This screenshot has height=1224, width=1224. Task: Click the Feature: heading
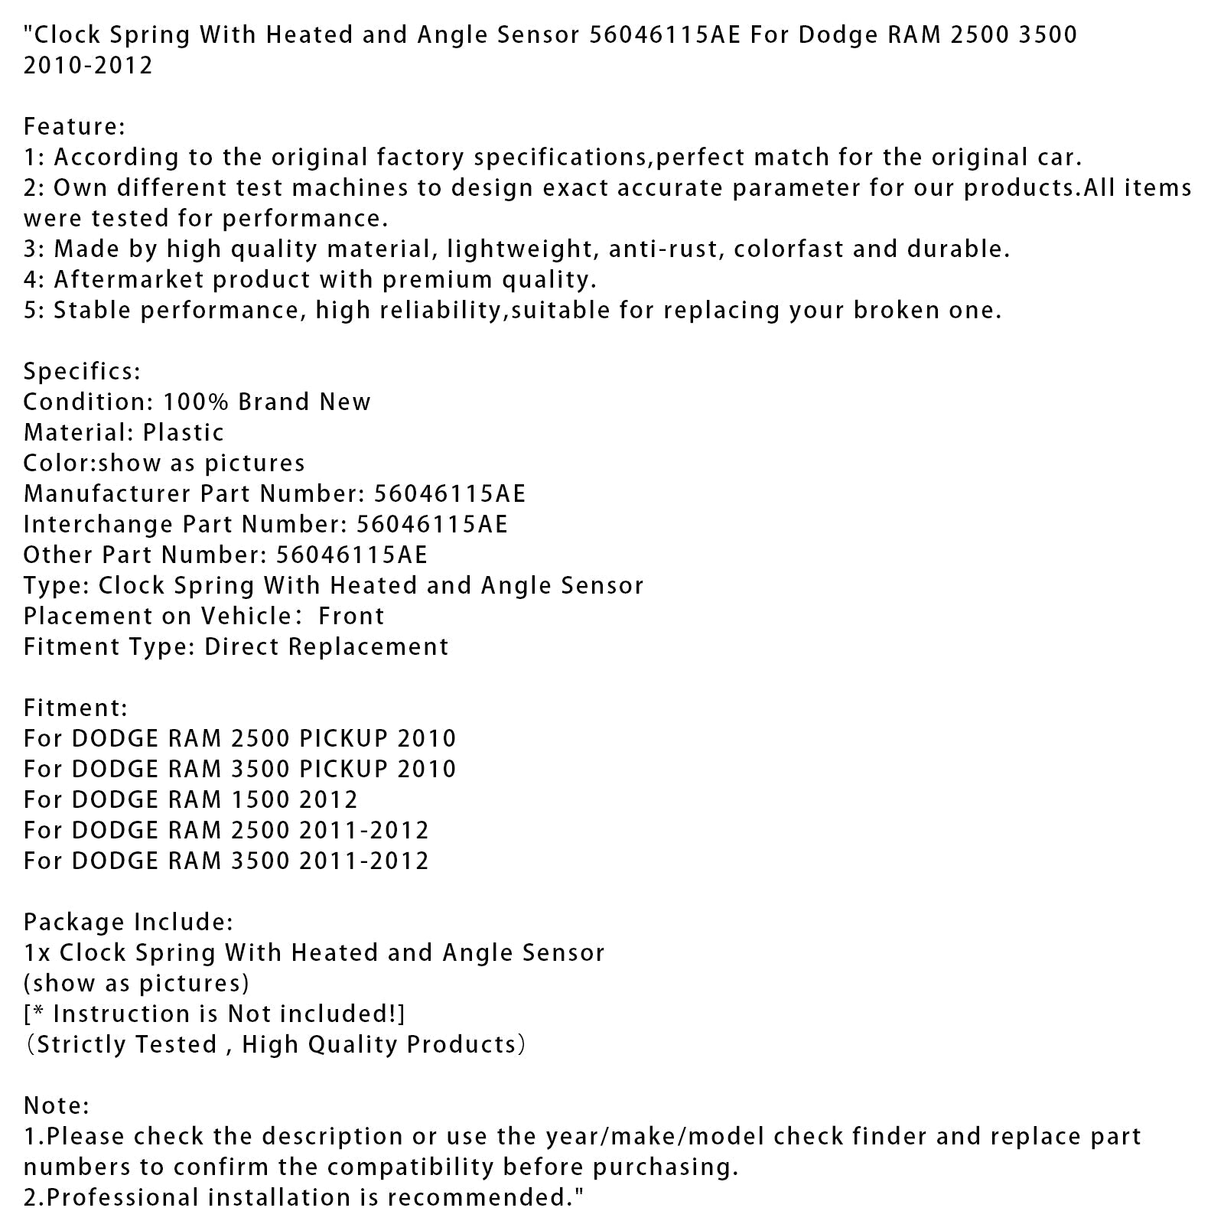click(x=74, y=126)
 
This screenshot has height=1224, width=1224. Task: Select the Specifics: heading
click(x=82, y=372)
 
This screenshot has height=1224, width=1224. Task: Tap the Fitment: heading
click(x=76, y=708)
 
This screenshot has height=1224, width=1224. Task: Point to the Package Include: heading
click(x=129, y=923)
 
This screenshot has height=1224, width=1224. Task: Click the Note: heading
click(x=57, y=1106)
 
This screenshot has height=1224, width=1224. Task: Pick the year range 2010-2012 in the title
click(x=88, y=66)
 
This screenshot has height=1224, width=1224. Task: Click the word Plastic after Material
click(x=184, y=433)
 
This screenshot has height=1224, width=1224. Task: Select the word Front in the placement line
click(x=351, y=617)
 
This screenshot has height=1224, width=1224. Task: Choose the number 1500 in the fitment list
click(x=259, y=800)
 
